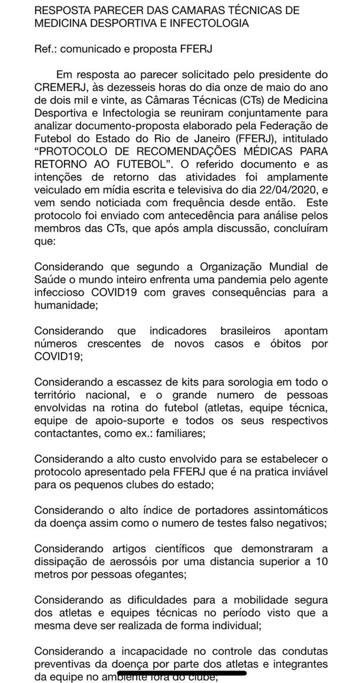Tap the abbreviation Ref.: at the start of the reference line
tap(45, 49)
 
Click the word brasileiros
tap(245, 331)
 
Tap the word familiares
tap(180, 433)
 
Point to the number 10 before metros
tap(321, 561)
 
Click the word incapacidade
tap(157, 651)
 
